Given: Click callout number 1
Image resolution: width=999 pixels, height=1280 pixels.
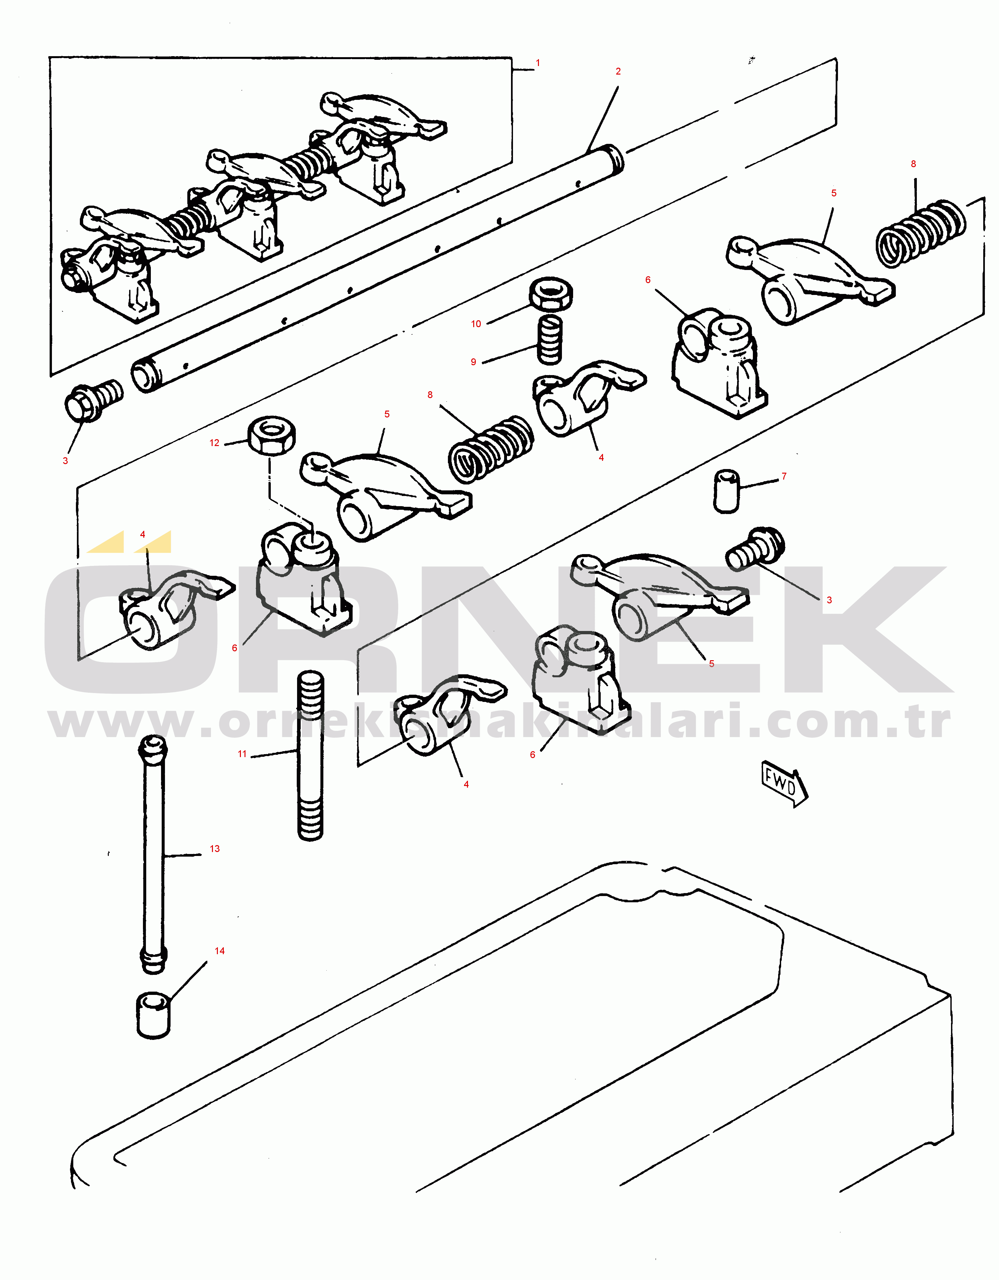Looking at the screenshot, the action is [538, 63].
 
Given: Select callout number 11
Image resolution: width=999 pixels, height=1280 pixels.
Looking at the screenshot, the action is [242, 754].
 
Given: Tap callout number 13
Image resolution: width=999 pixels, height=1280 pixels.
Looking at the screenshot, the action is [215, 849].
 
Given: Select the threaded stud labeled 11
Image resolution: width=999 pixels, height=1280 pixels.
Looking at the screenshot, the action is [310, 756].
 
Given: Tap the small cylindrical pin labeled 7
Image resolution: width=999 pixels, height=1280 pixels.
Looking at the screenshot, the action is [726, 491].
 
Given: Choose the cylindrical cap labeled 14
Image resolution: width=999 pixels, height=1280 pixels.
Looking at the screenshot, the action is [153, 1016].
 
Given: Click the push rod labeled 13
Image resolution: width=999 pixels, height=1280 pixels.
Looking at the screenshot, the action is [153, 855].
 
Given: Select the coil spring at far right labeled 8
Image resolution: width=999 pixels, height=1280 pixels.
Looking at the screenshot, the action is [920, 233].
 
